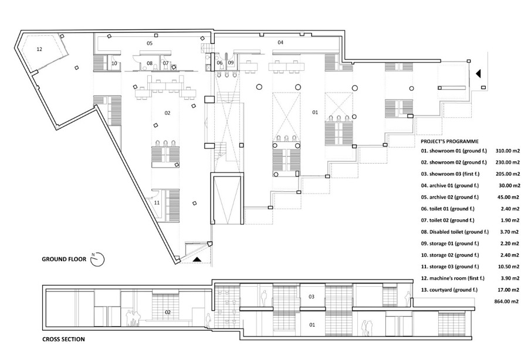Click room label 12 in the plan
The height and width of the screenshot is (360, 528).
[x=39, y=49]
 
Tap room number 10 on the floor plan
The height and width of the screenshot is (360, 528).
[x=115, y=63]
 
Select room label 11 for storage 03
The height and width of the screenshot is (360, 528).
[x=157, y=202]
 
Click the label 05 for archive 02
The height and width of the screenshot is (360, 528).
[x=150, y=43]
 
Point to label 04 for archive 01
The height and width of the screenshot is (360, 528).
[x=280, y=43]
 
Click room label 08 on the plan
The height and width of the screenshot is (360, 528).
[x=150, y=63]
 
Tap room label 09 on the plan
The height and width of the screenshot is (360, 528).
[x=231, y=62]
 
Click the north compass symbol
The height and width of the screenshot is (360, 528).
[x=97, y=259]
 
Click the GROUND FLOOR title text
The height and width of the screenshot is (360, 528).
[x=65, y=259]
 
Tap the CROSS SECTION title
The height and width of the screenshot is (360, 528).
[x=63, y=339]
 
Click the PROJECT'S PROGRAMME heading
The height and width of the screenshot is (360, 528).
[x=449, y=141]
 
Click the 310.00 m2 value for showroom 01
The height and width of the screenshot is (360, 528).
[x=508, y=150]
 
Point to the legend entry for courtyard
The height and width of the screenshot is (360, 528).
[x=453, y=290]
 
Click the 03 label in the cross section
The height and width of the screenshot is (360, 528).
[x=312, y=297]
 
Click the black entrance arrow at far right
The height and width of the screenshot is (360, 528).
[x=478, y=74]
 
